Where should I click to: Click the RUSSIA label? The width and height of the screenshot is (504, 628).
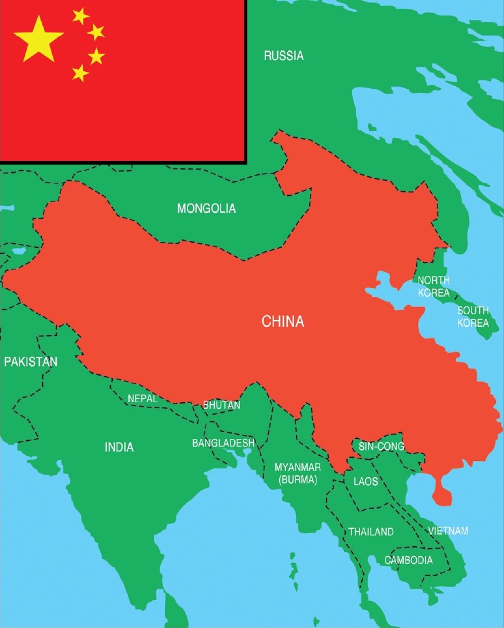283,56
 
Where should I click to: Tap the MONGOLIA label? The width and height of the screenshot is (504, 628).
207,208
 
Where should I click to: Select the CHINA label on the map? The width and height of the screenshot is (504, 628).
283,322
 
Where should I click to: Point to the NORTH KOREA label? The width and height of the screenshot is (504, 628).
434,286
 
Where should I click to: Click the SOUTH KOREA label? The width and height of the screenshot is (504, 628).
473,317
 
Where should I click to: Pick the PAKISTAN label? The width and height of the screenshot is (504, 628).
31,362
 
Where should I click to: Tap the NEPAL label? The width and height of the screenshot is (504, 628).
142,398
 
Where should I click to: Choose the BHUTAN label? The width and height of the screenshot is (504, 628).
221,405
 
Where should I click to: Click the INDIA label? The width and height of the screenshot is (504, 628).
119,447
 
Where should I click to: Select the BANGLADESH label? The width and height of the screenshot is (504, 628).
223,443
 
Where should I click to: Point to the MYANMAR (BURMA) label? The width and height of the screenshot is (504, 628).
298,473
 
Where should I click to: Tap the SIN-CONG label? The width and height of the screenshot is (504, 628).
381,447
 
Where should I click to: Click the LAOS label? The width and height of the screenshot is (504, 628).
365,481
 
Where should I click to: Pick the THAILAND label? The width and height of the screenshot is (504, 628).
371,532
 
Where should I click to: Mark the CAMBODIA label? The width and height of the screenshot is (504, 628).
408,560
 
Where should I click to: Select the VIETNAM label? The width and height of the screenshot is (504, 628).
448,531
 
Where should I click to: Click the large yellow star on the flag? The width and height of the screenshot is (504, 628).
39,38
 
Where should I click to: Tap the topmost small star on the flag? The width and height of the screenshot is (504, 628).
80,16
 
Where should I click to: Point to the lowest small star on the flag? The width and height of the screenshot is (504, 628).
80,73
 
